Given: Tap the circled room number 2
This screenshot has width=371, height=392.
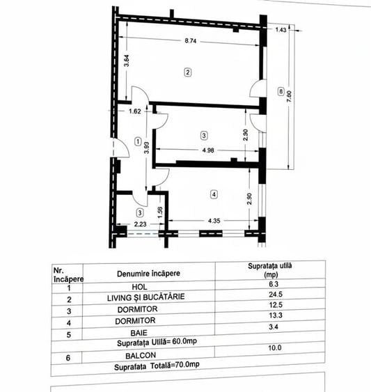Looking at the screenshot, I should click(x=187, y=72).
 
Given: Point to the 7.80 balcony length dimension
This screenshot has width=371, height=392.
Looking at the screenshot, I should click(x=291, y=98).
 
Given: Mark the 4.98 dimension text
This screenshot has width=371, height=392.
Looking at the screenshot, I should click(x=207, y=150).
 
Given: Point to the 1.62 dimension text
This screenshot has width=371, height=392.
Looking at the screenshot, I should click(x=134, y=111).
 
